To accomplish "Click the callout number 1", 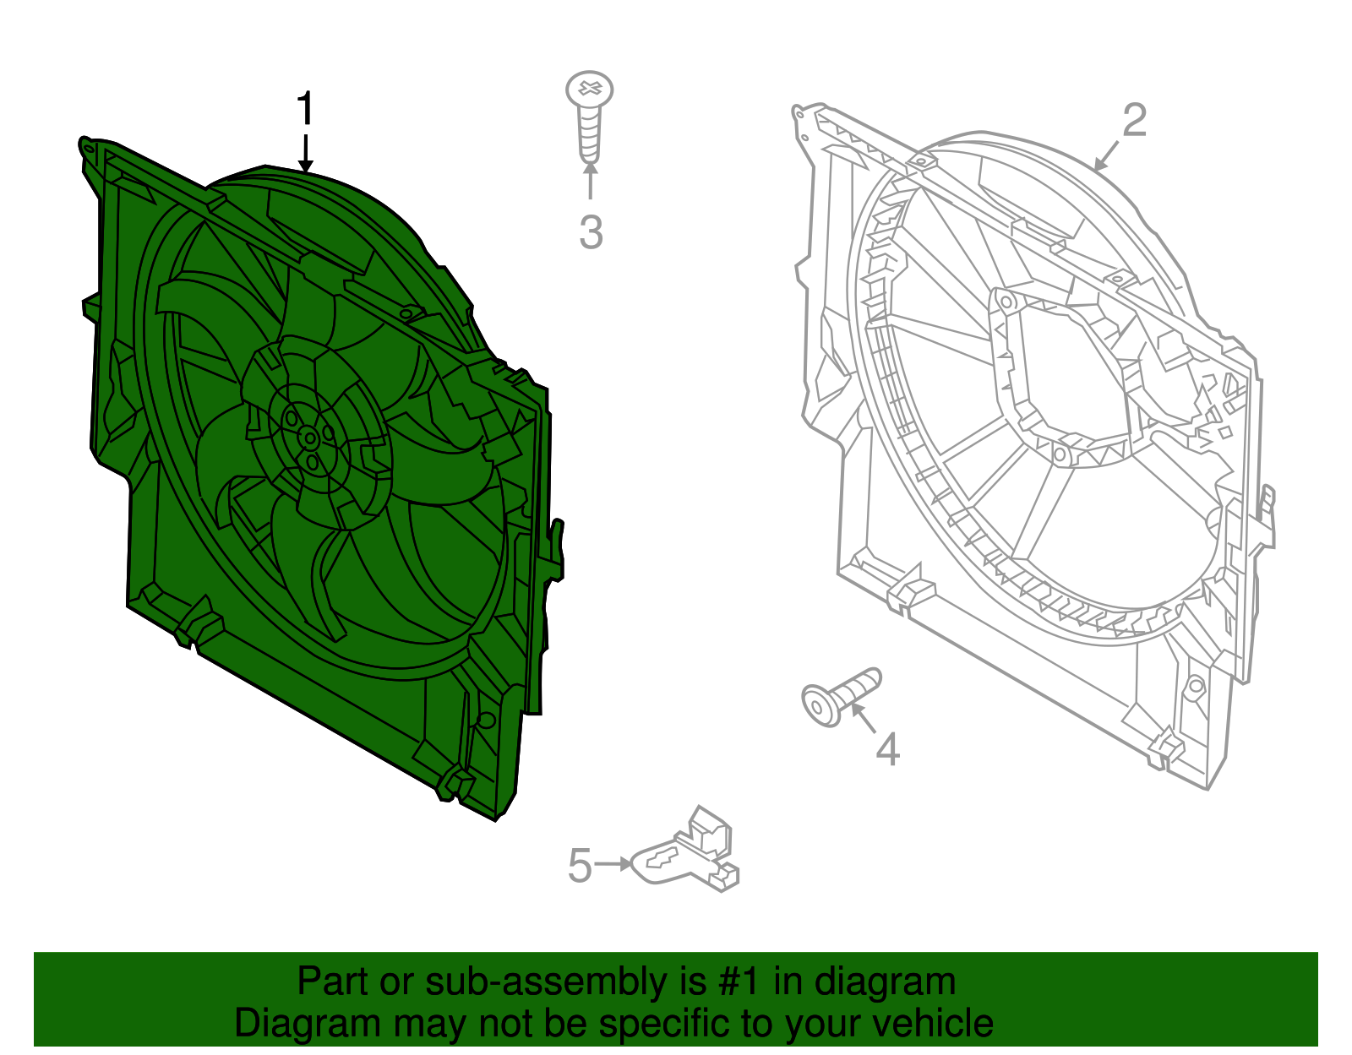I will click(304, 110).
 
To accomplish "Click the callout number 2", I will click(1134, 120).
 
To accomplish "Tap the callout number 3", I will click(591, 231).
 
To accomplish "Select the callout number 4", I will click(887, 749).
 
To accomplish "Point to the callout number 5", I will click(580, 866).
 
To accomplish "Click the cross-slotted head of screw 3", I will click(590, 89).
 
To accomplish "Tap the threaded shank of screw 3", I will click(590, 135).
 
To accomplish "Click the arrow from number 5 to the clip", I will click(613, 864).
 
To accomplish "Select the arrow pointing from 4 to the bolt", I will click(864, 718).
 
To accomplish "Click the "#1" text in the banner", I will click(740, 982).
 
